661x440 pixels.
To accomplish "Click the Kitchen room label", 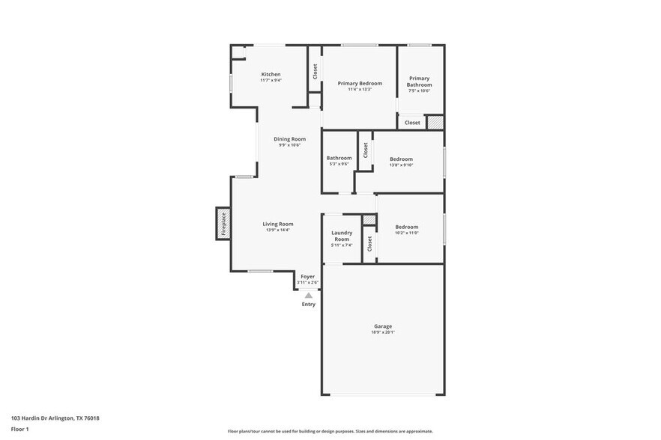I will tap(271, 74).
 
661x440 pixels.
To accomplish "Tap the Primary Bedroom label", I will tap(360, 83).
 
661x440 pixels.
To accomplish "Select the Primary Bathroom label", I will tap(420, 82).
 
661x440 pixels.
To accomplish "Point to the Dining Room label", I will tap(289, 138).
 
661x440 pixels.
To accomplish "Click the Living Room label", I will tap(277, 224).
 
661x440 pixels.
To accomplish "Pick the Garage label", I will tap(383, 326).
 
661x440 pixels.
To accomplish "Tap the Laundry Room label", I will tap(342, 236).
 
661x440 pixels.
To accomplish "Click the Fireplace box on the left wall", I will tap(223, 223).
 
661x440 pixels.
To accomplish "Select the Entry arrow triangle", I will tap(308, 296).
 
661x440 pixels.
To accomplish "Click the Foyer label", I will tap(307, 276).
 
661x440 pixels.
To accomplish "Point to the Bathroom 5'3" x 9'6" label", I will tap(339, 158).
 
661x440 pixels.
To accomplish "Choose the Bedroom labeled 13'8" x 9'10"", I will tap(401, 159).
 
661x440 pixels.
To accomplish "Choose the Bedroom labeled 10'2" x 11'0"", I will tap(406, 227).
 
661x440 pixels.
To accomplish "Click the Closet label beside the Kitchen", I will tap(315, 71).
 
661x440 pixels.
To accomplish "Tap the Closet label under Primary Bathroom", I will tap(412, 123).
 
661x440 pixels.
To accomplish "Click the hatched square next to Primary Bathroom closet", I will tap(435, 122).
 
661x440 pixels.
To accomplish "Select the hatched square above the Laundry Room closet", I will tap(369, 219).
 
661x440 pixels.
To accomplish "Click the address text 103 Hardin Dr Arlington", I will tap(55, 418).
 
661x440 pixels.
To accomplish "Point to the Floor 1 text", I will tap(19, 429).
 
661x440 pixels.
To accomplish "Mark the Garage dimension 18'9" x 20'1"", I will tap(383, 332).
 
